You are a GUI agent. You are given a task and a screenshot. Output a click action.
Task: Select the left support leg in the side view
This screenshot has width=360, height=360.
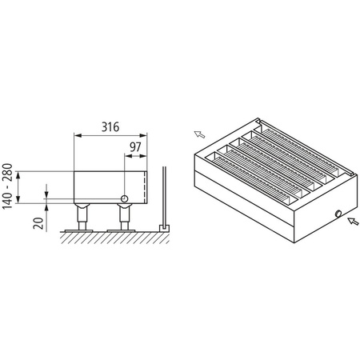pos(82,217)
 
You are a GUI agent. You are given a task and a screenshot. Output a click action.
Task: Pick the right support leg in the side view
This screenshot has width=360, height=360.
pos(125,217)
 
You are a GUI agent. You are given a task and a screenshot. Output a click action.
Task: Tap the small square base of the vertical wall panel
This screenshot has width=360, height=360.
pos(164,228)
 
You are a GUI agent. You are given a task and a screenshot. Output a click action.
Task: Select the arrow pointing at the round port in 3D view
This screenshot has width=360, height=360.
pos(352,223)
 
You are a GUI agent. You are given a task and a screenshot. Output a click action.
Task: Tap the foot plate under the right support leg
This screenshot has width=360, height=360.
pos(125,230)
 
